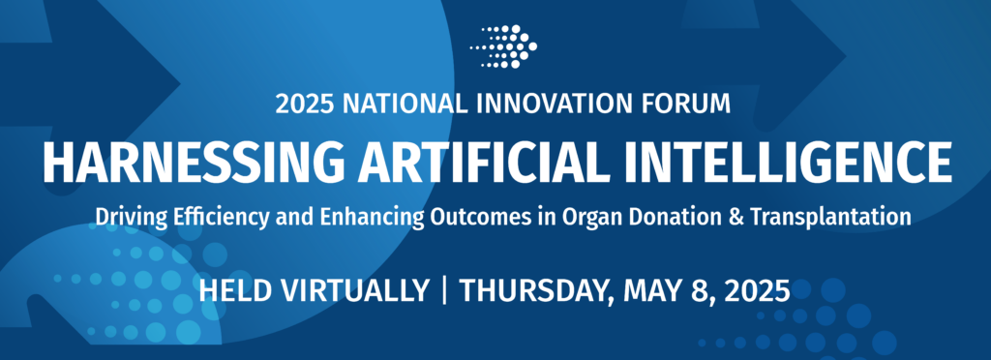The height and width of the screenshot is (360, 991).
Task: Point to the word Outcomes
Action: (x=465, y=218)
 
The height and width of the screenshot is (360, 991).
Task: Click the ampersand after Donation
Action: (x=711, y=218)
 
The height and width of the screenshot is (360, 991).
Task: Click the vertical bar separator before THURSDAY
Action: (x=444, y=289)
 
